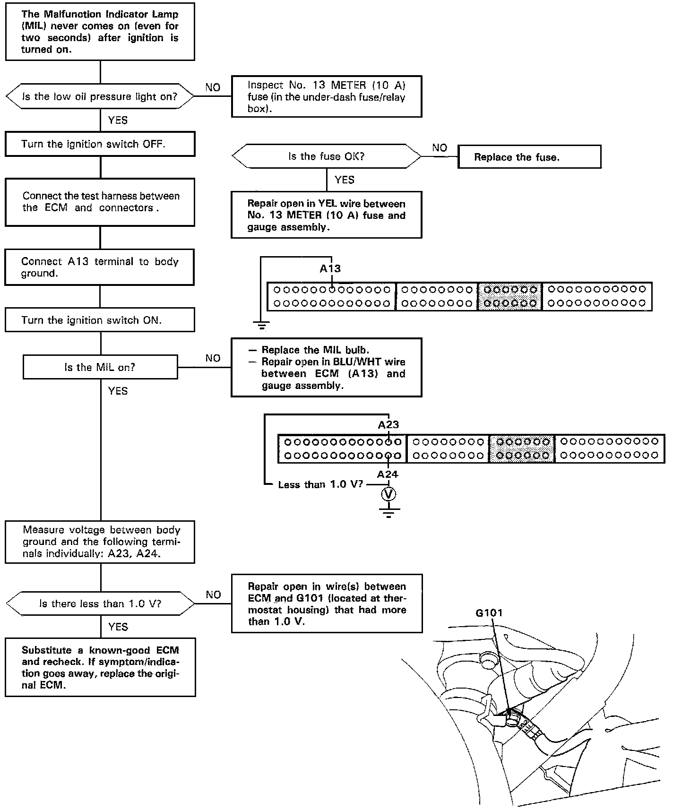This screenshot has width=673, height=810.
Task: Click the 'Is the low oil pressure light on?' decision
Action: pos(100,97)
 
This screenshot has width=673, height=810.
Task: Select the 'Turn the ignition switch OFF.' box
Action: pos(100,144)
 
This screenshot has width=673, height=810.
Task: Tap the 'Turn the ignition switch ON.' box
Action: pos(100,320)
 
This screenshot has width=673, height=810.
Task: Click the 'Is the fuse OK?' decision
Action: pos(326,156)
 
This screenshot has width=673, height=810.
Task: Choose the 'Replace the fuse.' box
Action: pos(529,157)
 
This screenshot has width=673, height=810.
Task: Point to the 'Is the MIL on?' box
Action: pos(100,367)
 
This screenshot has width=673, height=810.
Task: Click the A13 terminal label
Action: pos(330,268)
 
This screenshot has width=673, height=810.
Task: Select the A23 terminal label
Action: pos(388,424)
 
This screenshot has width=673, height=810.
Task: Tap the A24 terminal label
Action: pos(388,474)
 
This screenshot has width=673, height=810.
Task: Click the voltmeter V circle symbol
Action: pos(388,494)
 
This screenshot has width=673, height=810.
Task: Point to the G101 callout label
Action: pos(489,613)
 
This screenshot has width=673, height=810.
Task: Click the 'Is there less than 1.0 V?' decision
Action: pos(100,603)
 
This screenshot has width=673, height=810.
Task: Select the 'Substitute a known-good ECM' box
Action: pos(100,667)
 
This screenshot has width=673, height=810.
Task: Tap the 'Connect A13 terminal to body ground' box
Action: pos(100,267)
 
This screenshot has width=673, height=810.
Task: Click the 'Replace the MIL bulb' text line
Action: pos(315,350)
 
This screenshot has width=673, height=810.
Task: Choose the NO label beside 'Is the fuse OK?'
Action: pos(440,148)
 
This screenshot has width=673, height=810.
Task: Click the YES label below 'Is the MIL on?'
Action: pos(118,391)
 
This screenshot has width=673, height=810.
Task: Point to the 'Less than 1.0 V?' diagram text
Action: pos(320,485)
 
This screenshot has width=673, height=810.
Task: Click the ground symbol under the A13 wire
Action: pos(261,325)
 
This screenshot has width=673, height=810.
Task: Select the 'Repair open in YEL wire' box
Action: pos(326,215)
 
